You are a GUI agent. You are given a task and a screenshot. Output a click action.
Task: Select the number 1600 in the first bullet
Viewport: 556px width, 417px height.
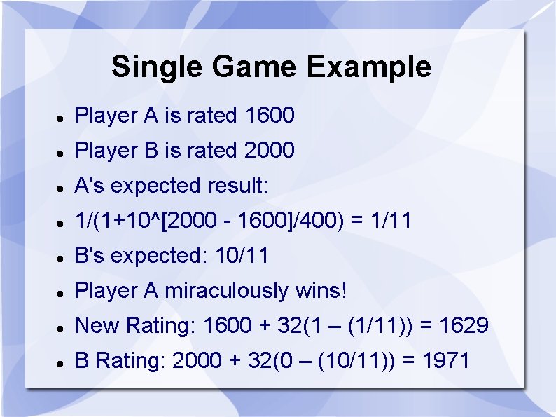tap(270, 116)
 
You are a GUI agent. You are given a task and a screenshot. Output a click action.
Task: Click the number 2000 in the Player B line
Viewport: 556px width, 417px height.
tap(270, 151)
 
